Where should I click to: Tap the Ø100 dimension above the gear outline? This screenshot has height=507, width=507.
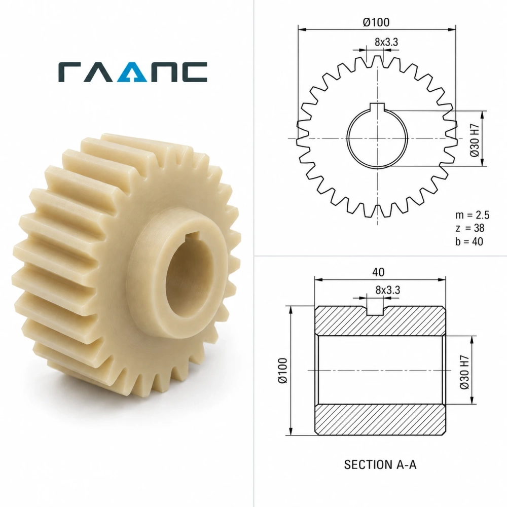(x=376, y=22)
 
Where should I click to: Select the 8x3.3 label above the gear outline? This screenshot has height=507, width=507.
(x=386, y=42)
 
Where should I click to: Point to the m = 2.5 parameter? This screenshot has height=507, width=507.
(x=473, y=215)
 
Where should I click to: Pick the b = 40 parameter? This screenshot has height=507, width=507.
(x=469, y=241)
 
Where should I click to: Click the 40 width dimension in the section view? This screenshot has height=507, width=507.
(x=378, y=272)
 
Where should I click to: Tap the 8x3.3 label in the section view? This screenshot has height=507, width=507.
(x=388, y=290)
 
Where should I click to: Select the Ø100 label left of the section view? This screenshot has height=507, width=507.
(x=283, y=371)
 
